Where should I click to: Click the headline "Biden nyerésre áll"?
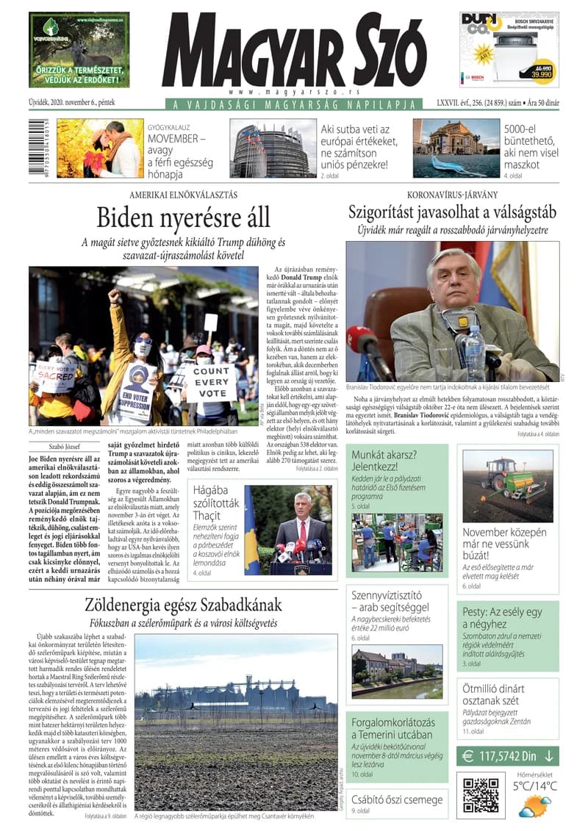[183, 218]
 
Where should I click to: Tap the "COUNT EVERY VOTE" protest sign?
[210, 382]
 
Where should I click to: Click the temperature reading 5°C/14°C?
[534, 786]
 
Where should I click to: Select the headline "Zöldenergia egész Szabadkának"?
[183, 605]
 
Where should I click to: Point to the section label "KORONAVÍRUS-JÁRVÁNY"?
[452, 195]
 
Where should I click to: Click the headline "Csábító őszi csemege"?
[396, 799]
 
